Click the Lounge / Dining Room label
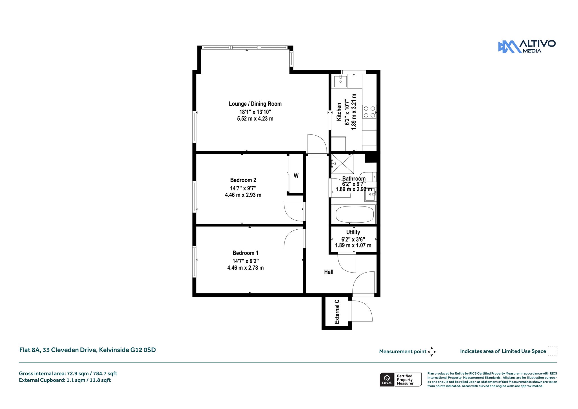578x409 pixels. point(255,104)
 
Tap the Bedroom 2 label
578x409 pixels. point(243,180)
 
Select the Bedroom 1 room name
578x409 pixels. point(245,253)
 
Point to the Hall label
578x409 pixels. point(329,272)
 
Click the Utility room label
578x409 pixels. point(353,232)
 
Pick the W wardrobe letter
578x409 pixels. point(296,176)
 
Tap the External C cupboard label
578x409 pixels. point(337,312)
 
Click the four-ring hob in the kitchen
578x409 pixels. point(369,112)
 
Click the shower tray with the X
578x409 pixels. point(342,164)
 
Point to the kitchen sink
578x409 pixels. point(341,81)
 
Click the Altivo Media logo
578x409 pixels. point(527,47)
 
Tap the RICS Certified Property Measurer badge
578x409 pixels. point(401,380)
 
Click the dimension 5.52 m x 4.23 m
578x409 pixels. point(255,119)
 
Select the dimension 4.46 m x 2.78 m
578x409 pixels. point(246,268)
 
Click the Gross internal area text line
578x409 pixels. point(68,373)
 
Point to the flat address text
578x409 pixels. point(87,350)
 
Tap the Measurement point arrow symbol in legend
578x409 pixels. point(432,352)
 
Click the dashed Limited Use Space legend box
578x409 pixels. point(553,351)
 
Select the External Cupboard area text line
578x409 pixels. point(65,380)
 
